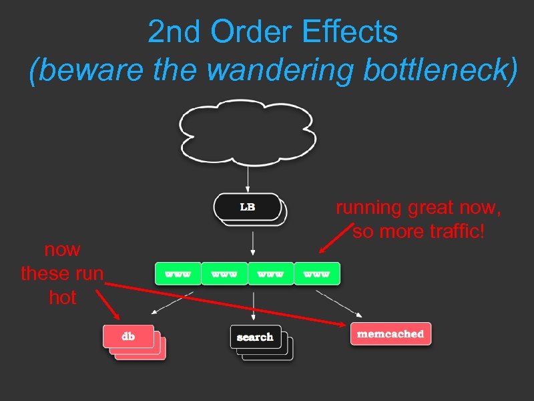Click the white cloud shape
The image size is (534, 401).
click(x=246, y=132)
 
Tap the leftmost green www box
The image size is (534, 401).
click(x=178, y=274)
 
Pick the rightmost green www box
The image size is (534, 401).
click(x=317, y=274)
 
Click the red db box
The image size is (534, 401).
click(x=128, y=336)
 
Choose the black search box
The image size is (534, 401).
click(x=254, y=337)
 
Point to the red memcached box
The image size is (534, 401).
click(x=390, y=333)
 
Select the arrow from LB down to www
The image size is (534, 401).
click(x=252, y=244)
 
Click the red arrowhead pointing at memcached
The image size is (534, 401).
click(x=342, y=324)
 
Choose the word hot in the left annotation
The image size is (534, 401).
click(x=63, y=297)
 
